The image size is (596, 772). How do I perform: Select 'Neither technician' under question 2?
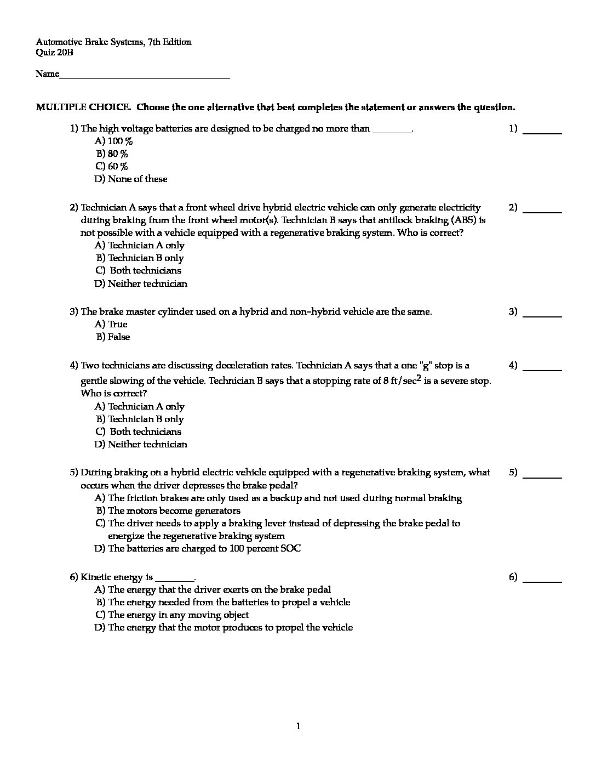[141, 283]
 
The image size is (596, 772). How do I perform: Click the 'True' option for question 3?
[112, 324]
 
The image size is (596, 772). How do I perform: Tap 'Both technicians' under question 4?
[140, 432]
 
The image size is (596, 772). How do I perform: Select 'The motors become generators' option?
[169, 510]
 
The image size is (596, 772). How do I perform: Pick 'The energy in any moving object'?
[173, 615]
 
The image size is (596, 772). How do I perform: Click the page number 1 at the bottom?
[298, 726]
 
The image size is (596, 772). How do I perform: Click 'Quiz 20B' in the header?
[54, 53]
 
